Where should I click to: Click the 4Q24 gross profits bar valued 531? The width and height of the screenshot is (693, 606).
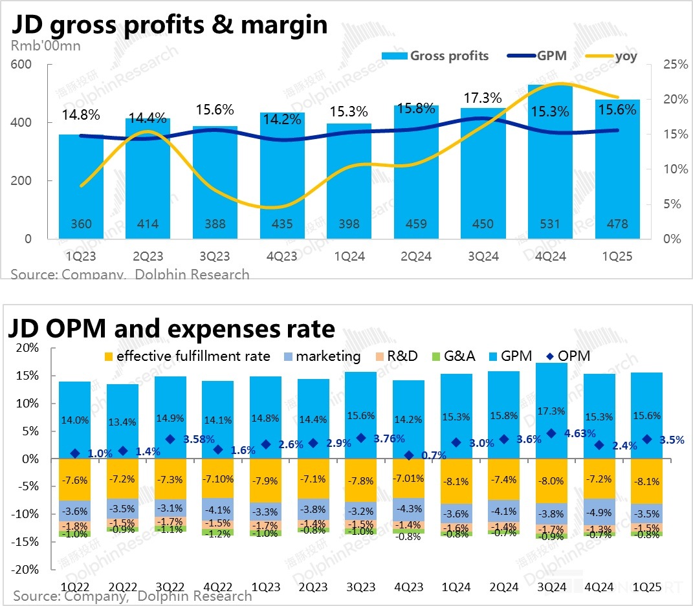[x=550, y=162]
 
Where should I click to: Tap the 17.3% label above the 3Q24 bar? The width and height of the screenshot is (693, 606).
[x=483, y=98]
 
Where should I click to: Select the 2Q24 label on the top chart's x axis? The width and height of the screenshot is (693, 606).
[x=415, y=256]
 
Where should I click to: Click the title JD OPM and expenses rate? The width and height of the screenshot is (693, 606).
[x=172, y=329]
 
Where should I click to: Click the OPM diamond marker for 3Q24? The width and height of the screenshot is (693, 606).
[x=551, y=433]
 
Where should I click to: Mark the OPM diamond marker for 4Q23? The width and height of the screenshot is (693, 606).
[x=408, y=456]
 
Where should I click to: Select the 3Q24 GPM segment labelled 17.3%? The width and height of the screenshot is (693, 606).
[x=551, y=411]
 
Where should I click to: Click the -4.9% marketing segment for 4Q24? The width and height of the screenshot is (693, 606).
[x=599, y=511]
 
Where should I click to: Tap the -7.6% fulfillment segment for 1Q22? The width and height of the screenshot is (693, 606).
[x=74, y=479]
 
